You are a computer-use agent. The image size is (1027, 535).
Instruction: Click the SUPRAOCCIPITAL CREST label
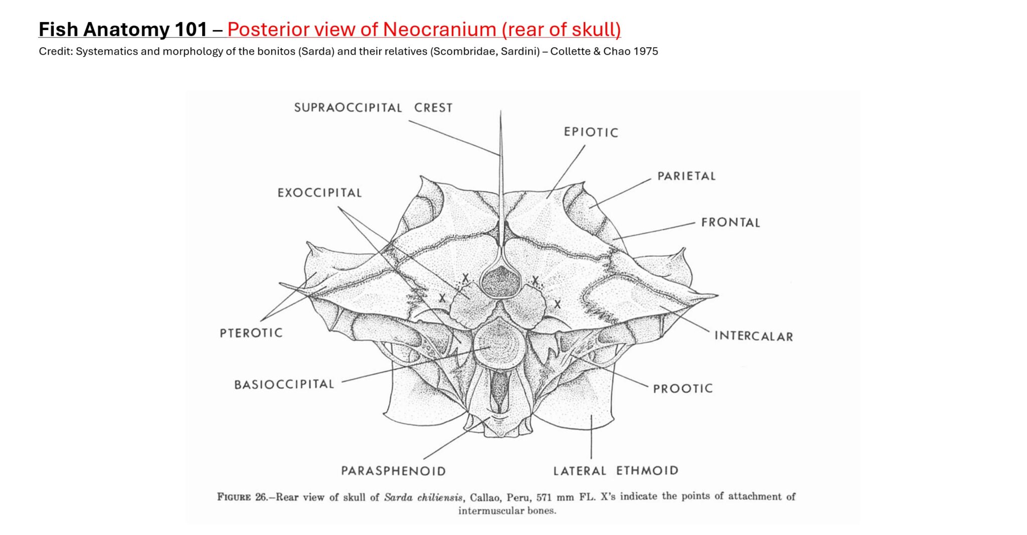(x=373, y=108)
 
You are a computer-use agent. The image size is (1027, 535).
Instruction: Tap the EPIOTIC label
(x=591, y=132)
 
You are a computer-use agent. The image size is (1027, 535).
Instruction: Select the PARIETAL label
(x=686, y=176)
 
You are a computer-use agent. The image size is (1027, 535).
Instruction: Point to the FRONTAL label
(x=730, y=222)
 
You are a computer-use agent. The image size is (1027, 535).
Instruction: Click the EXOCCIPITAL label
(x=319, y=193)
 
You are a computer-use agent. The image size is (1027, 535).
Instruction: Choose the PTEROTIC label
(x=251, y=333)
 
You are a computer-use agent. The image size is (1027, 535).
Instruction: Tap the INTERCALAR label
(x=753, y=336)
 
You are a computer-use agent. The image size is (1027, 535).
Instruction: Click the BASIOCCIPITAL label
(x=284, y=385)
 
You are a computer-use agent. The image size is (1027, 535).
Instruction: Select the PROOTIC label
(x=682, y=389)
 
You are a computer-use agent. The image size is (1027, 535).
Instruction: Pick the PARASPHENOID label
(x=393, y=471)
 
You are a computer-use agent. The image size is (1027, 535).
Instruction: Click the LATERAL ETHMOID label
(x=615, y=471)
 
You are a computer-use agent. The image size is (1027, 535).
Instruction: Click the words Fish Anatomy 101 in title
(x=123, y=30)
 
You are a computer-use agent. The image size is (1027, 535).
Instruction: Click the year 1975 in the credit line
(x=645, y=52)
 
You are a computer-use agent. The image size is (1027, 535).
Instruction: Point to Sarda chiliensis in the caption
(x=423, y=497)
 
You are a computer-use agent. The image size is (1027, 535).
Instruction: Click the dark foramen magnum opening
(x=500, y=282)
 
